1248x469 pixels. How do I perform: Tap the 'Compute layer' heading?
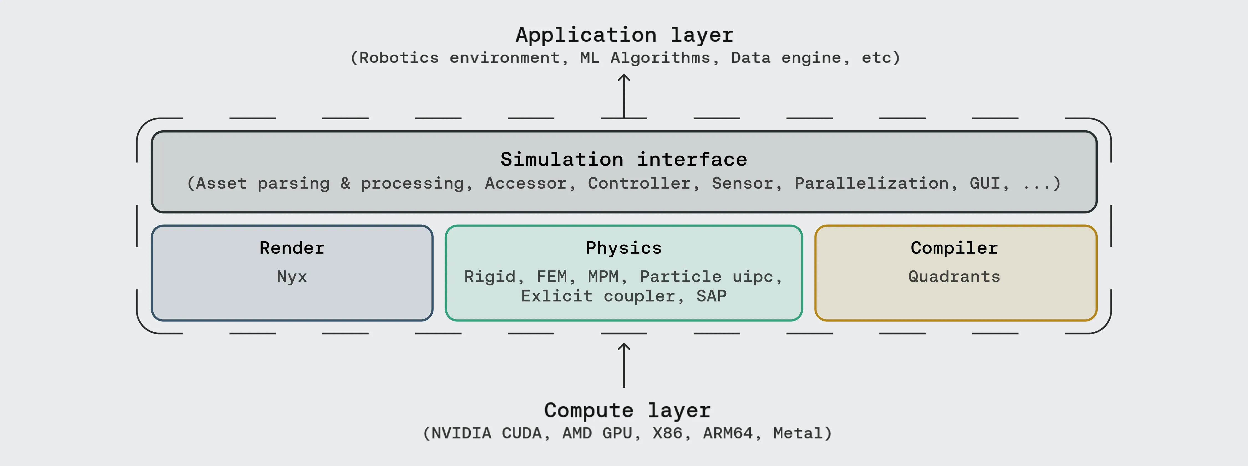(627, 411)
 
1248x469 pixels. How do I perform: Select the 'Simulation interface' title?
(624, 159)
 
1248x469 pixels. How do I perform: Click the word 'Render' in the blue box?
(292, 248)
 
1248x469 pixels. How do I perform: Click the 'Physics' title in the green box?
(623, 248)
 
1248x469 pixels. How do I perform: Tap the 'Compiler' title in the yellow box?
(954, 248)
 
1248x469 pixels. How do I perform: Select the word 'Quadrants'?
(954, 277)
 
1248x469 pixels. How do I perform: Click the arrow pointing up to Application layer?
(624, 96)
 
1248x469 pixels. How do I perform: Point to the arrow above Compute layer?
(624, 366)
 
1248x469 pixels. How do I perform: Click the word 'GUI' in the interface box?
(985, 183)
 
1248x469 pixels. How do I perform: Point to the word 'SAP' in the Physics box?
(712, 296)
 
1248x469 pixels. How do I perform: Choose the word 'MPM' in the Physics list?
(603, 277)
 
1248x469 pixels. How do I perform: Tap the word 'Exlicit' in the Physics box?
(557, 296)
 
